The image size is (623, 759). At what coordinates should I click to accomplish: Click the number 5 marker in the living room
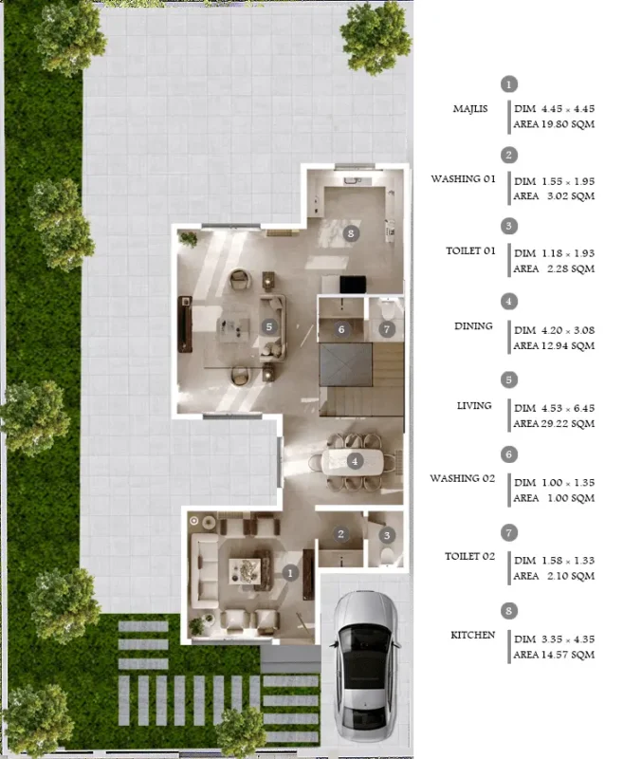pyautogui.click(x=269, y=326)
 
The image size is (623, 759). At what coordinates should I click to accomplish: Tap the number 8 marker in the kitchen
pyautogui.click(x=351, y=233)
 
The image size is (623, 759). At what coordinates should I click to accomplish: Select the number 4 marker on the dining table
pyautogui.click(x=355, y=461)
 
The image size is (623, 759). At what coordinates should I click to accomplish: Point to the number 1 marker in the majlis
pyautogui.click(x=290, y=573)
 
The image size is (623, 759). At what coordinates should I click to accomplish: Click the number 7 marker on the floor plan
pyautogui.click(x=387, y=329)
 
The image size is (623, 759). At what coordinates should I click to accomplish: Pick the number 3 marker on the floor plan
pyautogui.click(x=387, y=535)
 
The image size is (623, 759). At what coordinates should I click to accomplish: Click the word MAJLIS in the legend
pyautogui.click(x=470, y=109)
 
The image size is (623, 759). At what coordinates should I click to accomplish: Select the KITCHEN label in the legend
pyautogui.click(x=472, y=635)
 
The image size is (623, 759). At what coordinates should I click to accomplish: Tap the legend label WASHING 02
pyautogui.click(x=463, y=478)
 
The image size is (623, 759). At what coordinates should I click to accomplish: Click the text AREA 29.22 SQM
pyautogui.click(x=554, y=423)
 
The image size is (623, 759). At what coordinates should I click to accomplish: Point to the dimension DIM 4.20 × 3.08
pyautogui.click(x=555, y=330)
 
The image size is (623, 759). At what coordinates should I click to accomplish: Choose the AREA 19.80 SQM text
pyautogui.click(x=554, y=124)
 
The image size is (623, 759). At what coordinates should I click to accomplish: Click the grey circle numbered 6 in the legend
pyautogui.click(x=509, y=454)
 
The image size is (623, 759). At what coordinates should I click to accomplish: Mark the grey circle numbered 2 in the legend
pyautogui.click(x=509, y=156)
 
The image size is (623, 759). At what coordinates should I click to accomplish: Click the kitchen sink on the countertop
pyautogui.click(x=353, y=181)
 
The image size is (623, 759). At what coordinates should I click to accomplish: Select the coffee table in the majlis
pyautogui.click(x=245, y=571)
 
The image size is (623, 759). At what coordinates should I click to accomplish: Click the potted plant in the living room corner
pyautogui.click(x=188, y=239)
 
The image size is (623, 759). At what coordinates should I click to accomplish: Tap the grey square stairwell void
pyautogui.click(x=346, y=365)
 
